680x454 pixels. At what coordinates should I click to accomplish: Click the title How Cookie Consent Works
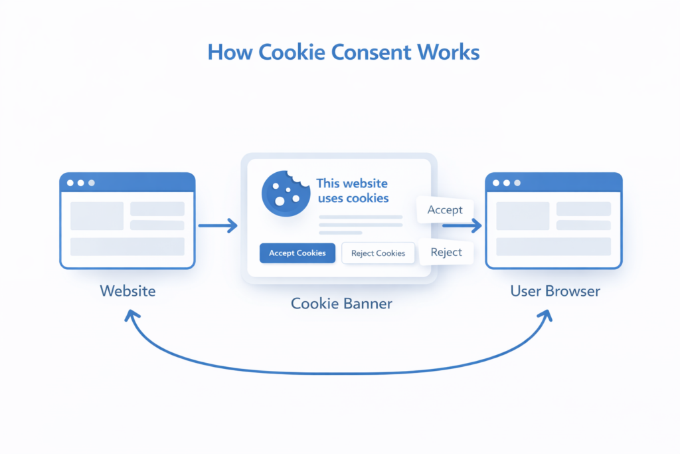(343, 52)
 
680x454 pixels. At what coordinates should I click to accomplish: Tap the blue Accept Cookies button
(297, 253)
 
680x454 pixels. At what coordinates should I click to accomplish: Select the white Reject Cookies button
(378, 253)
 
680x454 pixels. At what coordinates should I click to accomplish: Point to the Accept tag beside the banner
(444, 210)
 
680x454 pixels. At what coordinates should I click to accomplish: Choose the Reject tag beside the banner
(446, 253)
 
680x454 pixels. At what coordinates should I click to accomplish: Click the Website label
(127, 291)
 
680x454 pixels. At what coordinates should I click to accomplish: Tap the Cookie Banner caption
(341, 304)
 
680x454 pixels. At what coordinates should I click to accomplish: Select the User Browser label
(554, 291)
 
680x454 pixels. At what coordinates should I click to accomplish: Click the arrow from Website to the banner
(218, 226)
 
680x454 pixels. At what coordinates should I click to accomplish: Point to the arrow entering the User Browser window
(465, 227)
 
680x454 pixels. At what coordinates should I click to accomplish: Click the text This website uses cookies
(352, 190)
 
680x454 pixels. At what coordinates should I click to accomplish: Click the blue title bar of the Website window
(127, 182)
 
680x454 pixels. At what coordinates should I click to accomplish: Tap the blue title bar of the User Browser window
(553, 182)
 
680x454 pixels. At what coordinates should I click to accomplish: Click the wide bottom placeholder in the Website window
(127, 247)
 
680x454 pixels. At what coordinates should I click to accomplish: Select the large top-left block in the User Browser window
(523, 216)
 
